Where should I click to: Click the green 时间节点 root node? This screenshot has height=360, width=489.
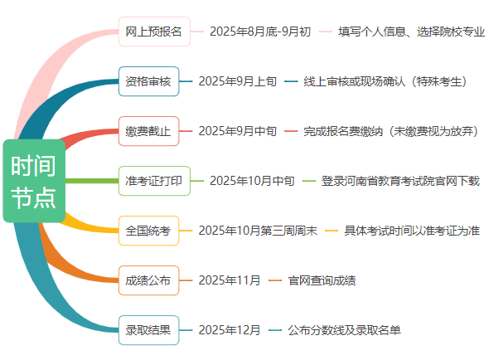coord(34,181)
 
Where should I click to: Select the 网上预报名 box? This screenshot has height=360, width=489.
coord(154,32)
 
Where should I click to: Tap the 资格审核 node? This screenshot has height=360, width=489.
coord(148,81)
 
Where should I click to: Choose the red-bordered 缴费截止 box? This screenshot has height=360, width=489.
coord(148,131)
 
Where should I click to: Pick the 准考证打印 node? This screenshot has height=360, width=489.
coord(154,181)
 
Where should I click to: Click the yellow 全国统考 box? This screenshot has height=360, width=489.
coord(148,231)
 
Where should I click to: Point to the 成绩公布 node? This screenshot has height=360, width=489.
coord(148,280)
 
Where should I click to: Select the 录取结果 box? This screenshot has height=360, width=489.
coord(148,330)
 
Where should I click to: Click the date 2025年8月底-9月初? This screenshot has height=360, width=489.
coord(260,32)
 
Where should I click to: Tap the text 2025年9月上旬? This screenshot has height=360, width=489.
coord(238,81)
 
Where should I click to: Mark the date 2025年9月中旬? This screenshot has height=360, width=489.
coord(238,131)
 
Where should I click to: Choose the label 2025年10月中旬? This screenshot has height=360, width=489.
coord(252,181)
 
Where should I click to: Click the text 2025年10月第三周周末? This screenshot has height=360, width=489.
coord(258,231)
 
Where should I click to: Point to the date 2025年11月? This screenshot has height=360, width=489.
coord(230,280)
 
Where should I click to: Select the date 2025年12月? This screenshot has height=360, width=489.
coord(230,330)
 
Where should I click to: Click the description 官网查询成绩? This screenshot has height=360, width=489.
coord(322,280)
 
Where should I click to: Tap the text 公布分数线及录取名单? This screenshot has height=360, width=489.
coord(344,330)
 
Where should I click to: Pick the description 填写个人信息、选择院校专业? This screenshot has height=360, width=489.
coord(412,32)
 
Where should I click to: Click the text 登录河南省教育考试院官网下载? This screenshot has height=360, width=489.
coord(400,181)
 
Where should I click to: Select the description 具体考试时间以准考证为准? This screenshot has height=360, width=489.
coord(412,231)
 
